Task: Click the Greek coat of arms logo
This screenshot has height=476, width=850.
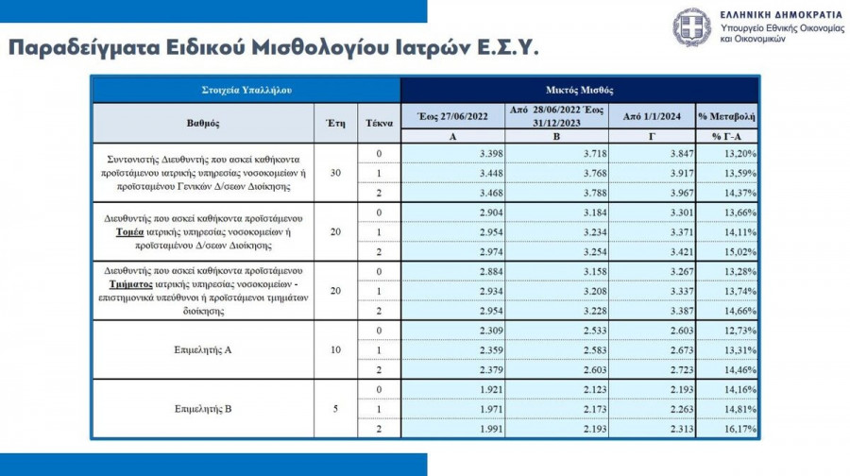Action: (x=692, y=28)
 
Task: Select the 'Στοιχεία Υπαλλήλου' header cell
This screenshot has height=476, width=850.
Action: (x=246, y=90)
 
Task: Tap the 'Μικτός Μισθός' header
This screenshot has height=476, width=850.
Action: (x=579, y=90)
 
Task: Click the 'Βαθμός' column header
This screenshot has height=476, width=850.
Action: (x=203, y=123)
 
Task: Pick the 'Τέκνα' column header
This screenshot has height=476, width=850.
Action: (x=379, y=123)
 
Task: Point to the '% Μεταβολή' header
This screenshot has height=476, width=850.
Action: (x=726, y=115)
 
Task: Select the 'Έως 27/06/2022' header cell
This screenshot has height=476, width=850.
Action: (x=452, y=115)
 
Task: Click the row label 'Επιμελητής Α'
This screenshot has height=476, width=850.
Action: (x=203, y=349)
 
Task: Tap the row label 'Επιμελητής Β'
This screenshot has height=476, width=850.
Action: (x=203, y=410)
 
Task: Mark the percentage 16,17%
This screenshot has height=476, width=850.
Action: (x=739, y=430)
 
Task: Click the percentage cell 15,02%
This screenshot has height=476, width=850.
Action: (x=739, y=252)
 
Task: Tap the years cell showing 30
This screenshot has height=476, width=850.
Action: (x=336, y=173)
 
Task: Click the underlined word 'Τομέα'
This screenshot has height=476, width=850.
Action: (x=129, y=231)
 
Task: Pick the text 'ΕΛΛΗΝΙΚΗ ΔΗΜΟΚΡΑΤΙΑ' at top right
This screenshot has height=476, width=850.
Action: (x=780, y=16)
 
